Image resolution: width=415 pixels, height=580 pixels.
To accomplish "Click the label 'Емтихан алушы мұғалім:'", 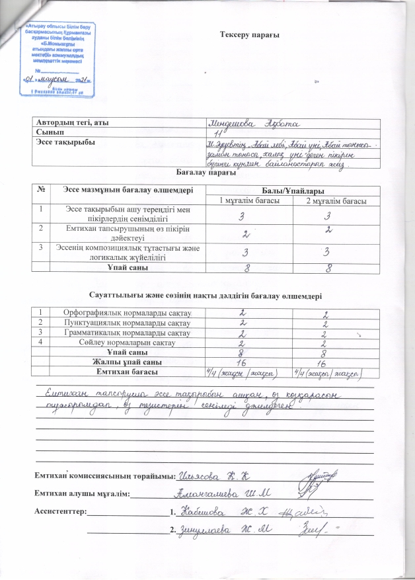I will click(x=83, y=493).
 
